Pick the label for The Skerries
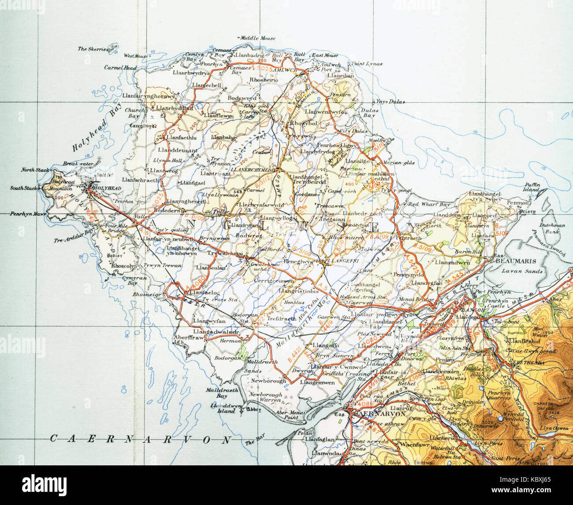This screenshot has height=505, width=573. tap(93, 49)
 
